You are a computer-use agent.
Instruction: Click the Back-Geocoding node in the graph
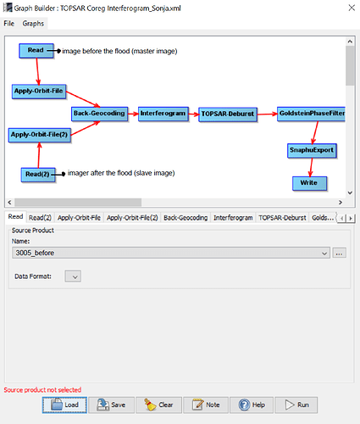99,114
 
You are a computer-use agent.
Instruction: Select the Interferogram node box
163,114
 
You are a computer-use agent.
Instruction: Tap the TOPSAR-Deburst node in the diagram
228,114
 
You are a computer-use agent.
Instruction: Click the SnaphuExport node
312,150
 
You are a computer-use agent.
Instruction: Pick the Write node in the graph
309,183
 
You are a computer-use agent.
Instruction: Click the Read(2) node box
38,175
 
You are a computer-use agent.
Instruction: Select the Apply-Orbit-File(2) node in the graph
39,135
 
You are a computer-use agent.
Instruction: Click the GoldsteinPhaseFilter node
311,114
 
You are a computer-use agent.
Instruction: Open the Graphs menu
33,24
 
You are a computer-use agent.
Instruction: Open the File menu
9,24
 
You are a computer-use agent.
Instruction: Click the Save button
112,405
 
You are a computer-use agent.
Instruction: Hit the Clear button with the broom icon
158,405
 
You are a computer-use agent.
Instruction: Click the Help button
252,405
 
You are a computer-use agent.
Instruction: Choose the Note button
206,405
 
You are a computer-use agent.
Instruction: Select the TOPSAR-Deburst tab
282,218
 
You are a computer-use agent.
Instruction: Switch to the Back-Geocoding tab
186,218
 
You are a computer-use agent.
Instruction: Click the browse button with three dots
339,253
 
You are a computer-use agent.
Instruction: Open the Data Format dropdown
73,276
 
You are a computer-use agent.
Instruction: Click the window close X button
352,8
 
